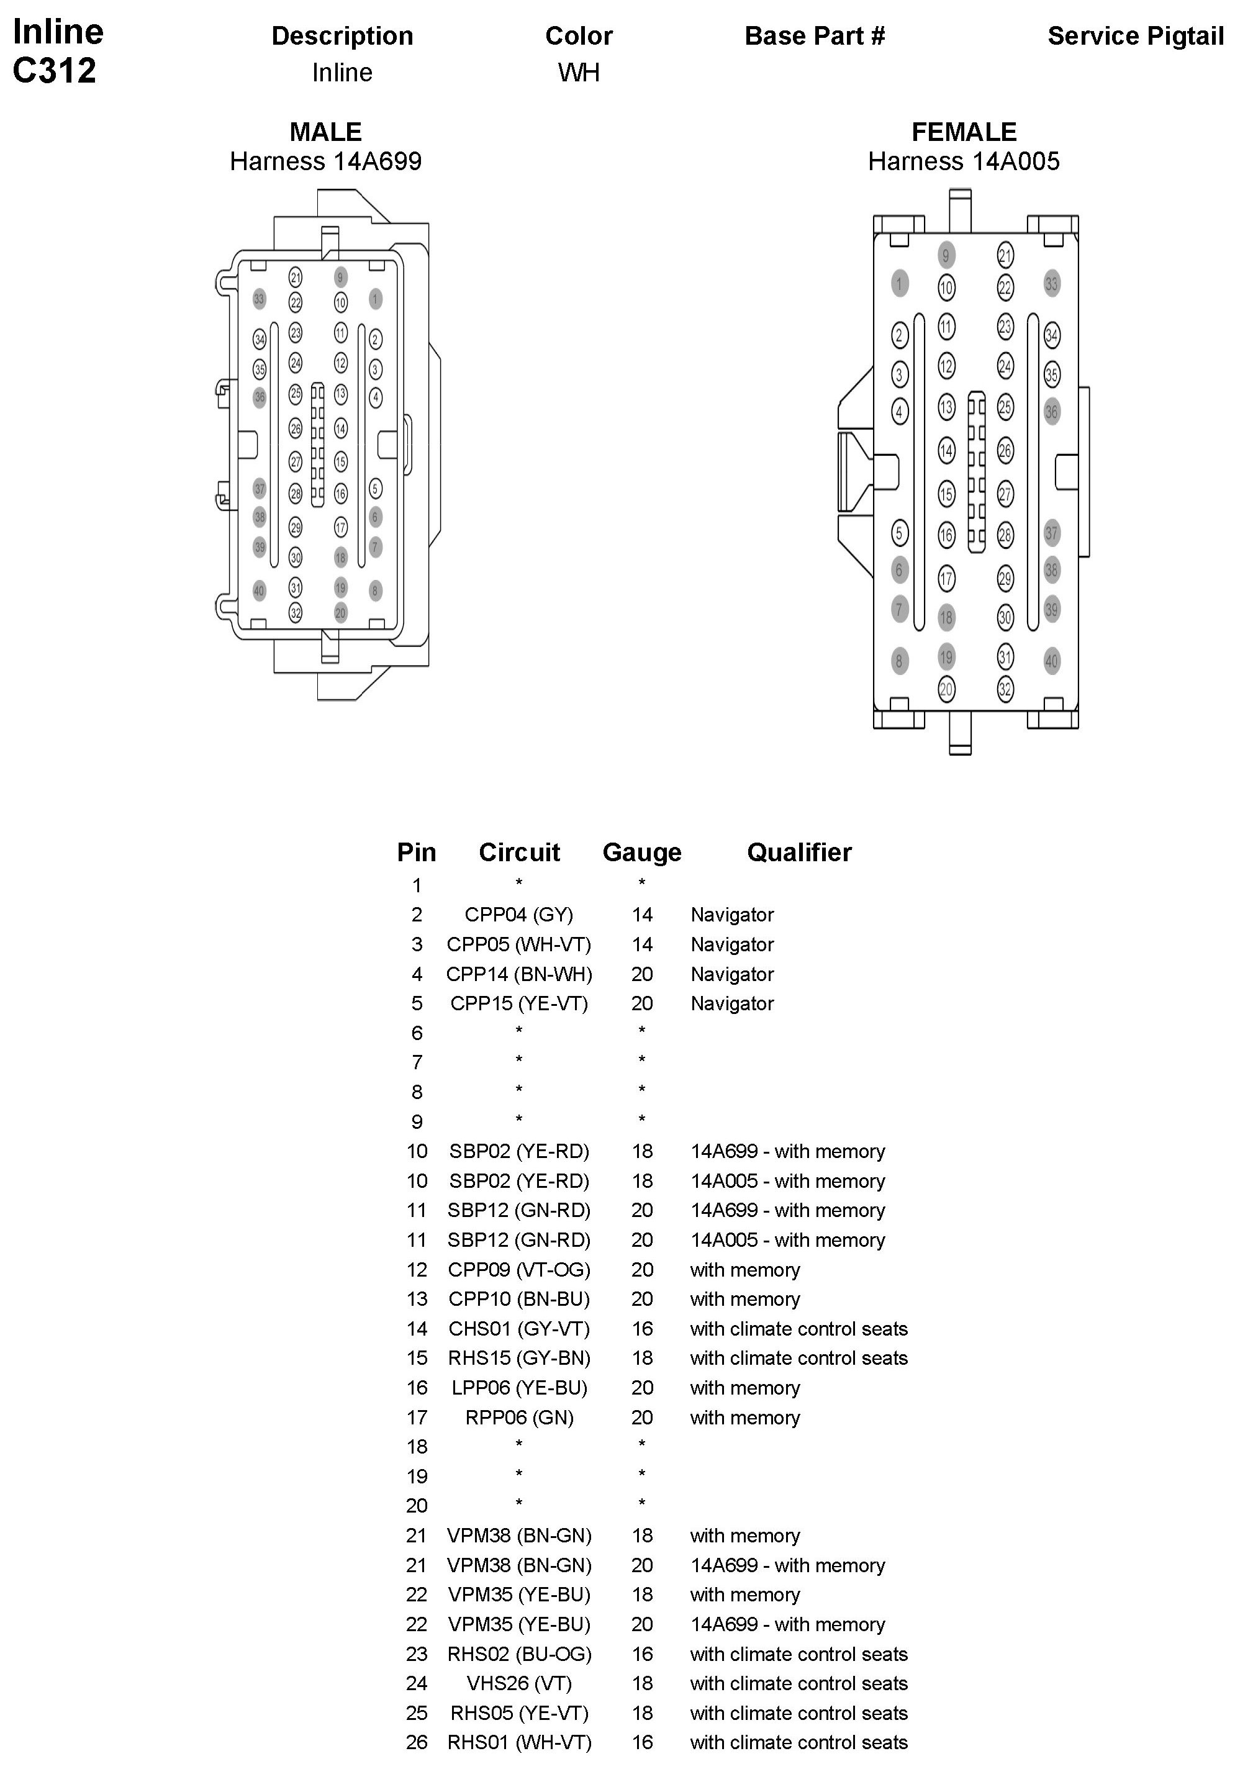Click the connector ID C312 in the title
pyautogui.click(x=54, y=71)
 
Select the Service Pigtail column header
pyautogui.click(x=1135, y=36)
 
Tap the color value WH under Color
pyautogui.click(x=579, y=73)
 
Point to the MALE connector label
pyautogui.click(x=325, y=132)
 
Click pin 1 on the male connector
pyautogui.click(x=375, y=299)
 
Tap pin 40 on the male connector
pyautogui.click(x=259, y=591)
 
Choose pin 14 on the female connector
pyautogui.click(x=946, y=450)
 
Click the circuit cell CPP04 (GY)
pyautogui.click(x=518, y=915)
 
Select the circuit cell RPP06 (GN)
pyautogui.click(x=518, y=1417)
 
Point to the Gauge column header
pyautogui.click(x=642, y=852)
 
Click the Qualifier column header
pyautogui.click(x=799, y=852)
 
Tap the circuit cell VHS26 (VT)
pyautogui.click(x=518, y=1683)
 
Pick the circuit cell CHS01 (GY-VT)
pyautogui.click(x=518, y=1328)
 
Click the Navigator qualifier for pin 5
pyautogui.click(x=732, y=1003)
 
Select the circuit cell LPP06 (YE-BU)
pyautogui.click(x=518, y=1388)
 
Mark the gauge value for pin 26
pyautogui.click(x=642, y=1742)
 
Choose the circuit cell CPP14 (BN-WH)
pyautogui.click(x=518, y=974)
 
